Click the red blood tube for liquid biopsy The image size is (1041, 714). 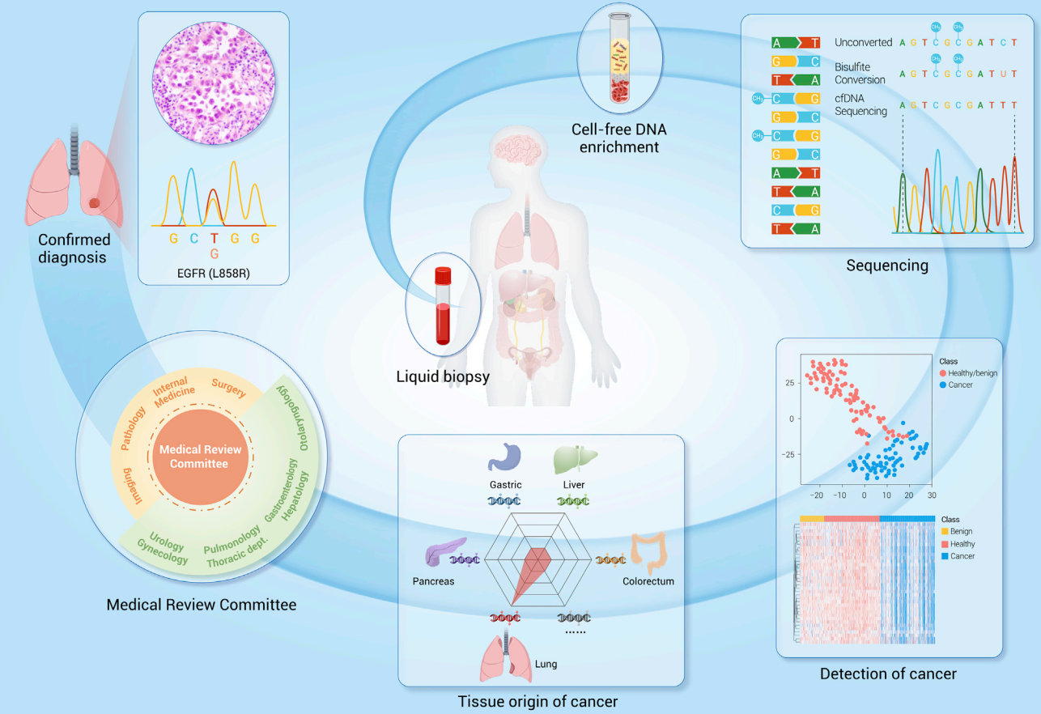click(442, 307)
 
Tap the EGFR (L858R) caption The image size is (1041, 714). click(214, 273)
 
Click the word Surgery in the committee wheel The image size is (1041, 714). click(229, 389)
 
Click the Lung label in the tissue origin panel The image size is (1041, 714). click(546, 664)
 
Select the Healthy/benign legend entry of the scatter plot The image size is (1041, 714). click(973, 373)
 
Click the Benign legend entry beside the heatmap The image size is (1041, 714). click(962, 532)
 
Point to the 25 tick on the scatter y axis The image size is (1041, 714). click(790, 382)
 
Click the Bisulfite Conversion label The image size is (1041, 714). click(860, 74)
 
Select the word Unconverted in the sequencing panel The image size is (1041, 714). click(864, 42)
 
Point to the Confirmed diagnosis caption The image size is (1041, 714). click(74, 249)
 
